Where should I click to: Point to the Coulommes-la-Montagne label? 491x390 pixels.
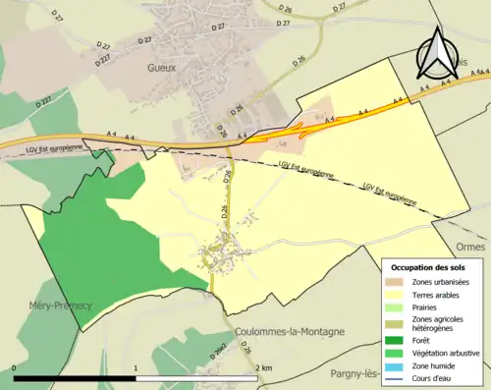289,332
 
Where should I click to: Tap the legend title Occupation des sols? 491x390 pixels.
429,267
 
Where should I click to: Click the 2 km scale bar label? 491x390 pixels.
264,367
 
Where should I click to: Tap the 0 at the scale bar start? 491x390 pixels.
15,367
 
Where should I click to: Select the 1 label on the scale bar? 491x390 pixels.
136,367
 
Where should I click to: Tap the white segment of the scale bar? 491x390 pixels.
196,377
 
